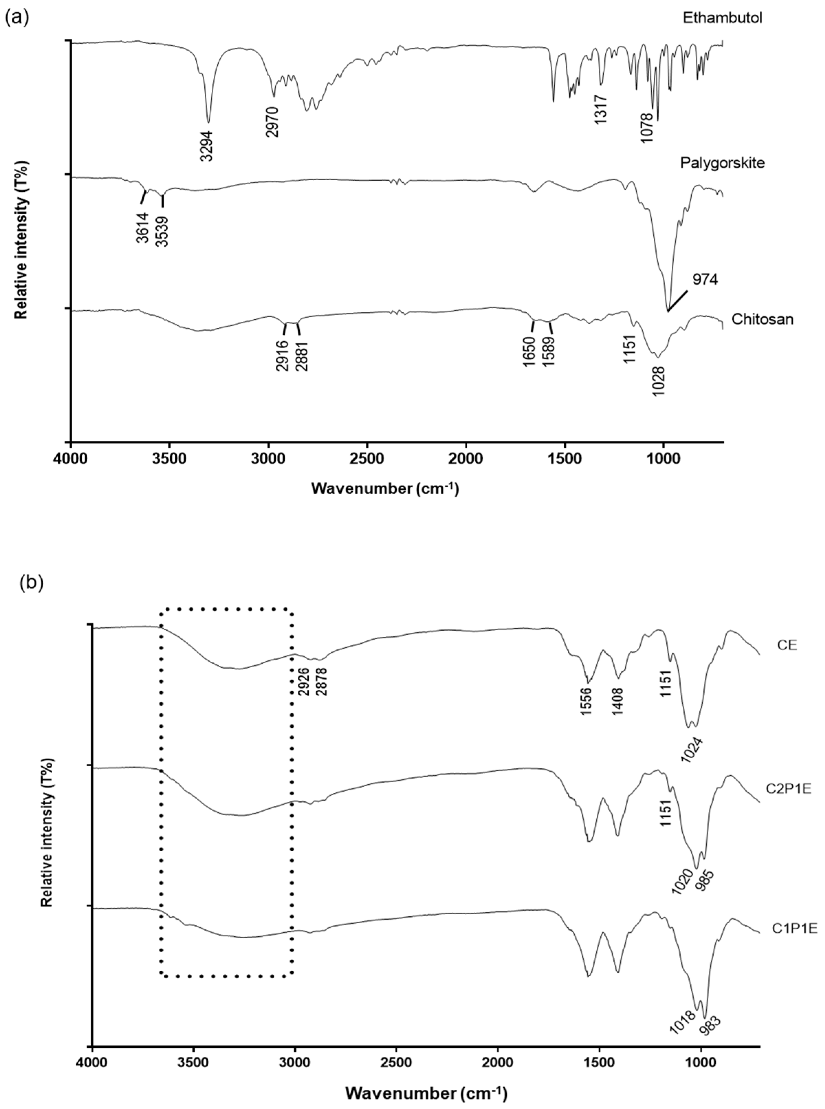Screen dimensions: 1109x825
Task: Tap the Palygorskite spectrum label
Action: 722,163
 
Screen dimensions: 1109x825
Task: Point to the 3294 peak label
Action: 207,146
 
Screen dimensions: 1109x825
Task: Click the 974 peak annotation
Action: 705,280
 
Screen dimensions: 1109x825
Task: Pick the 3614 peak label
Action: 142,227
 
